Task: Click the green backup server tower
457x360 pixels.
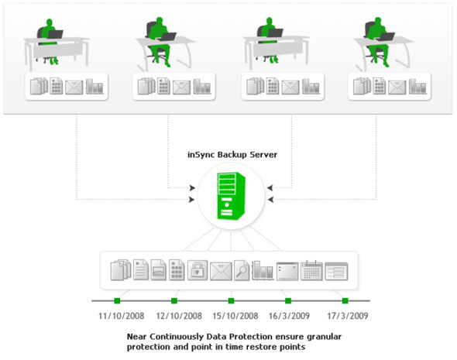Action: coord(231,195)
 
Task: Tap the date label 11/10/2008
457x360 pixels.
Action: coord(122,316)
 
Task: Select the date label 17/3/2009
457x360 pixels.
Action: coord(348,316)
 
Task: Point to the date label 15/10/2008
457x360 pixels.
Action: coord(235,316)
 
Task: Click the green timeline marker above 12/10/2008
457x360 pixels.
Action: coord(174,300)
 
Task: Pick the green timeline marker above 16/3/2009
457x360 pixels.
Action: coord(288,300)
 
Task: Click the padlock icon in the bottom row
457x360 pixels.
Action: coord(198,270)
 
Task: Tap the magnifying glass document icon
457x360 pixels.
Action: coord(242,270)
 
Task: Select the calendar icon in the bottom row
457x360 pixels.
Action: coord(311,271)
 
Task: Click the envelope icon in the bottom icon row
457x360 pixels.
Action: coord(221,272)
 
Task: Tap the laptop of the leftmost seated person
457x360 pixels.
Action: coord(55,34)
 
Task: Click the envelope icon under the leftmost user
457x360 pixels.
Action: coord(74,87)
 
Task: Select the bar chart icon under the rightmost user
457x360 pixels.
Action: coord(417,87)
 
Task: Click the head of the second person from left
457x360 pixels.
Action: coord(160,21)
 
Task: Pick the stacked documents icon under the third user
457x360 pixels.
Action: coord(256,86)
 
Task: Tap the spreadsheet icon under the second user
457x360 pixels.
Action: coord(163,86)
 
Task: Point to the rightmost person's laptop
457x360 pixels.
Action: coord(387,36)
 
